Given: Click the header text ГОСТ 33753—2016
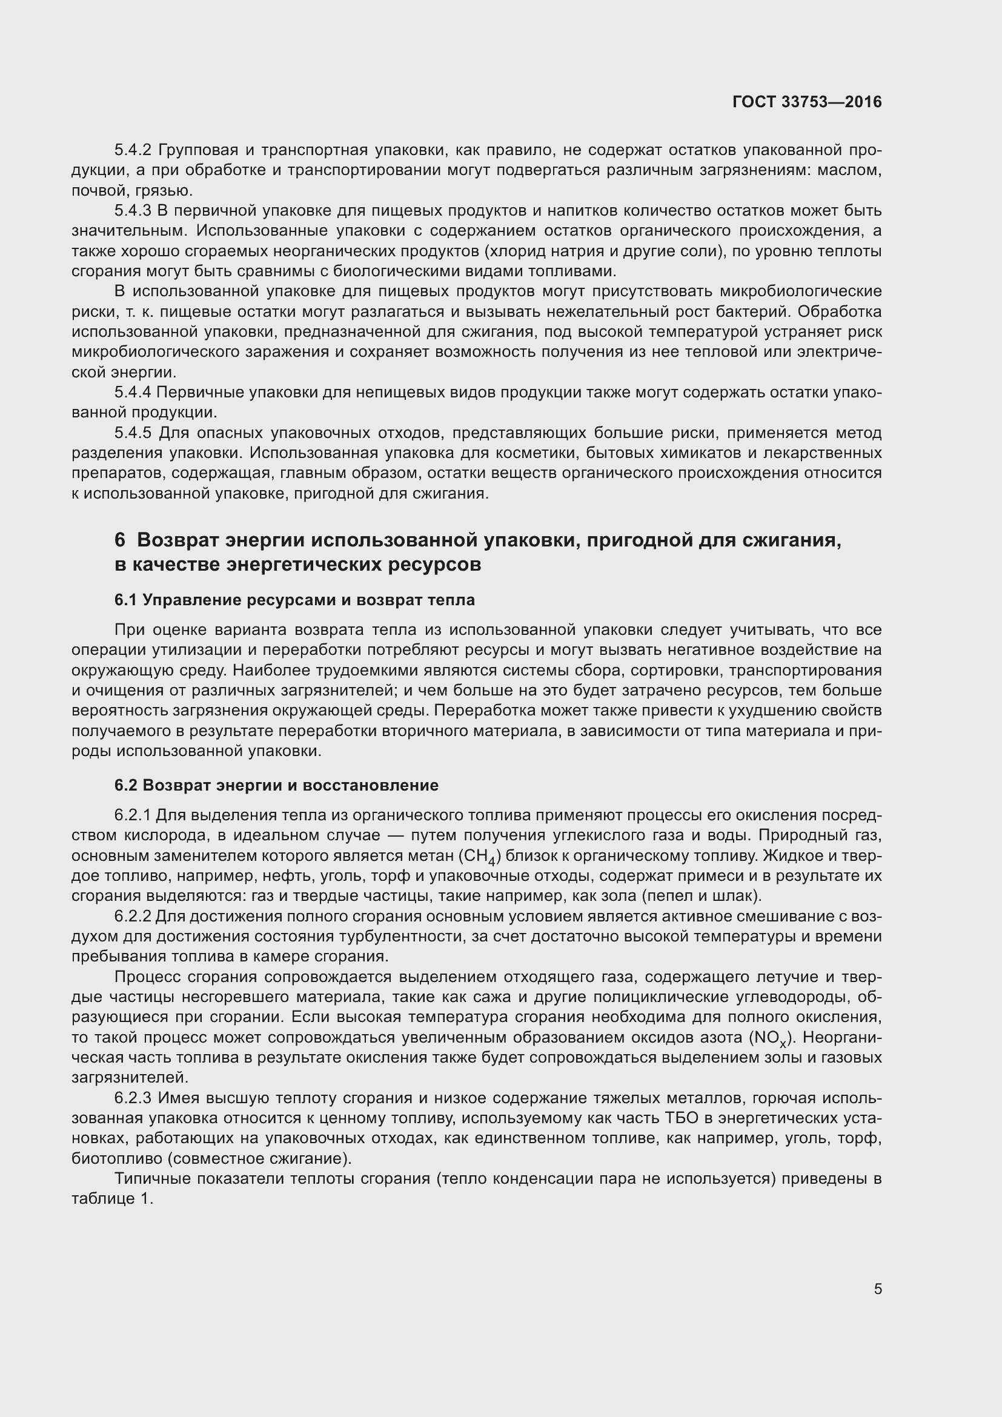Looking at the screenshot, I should coord(806,102).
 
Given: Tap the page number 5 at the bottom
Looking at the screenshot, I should coord(878,1289).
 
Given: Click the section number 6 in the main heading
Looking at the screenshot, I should coord(120,540).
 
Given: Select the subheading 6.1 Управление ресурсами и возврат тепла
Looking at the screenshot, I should coord(294,600).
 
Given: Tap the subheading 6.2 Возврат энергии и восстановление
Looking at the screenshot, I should coord(276,785).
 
